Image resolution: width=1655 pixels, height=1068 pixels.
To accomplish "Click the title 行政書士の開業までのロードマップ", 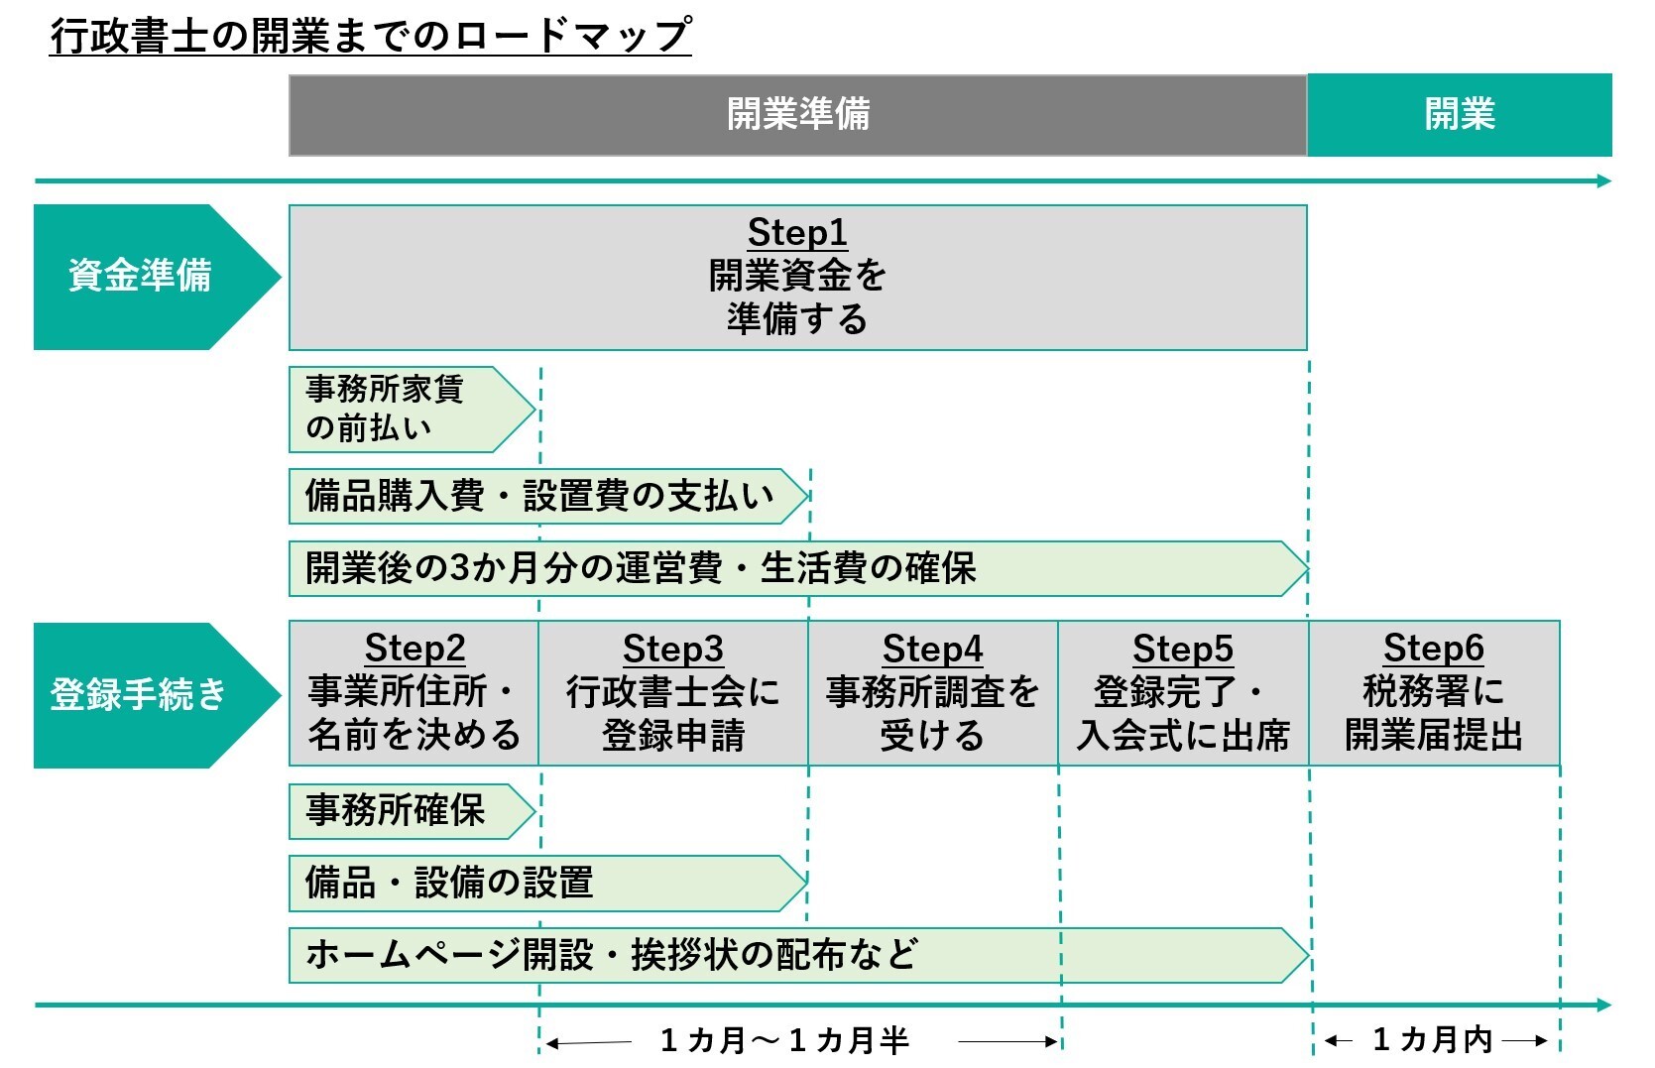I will click(x=370, y=36).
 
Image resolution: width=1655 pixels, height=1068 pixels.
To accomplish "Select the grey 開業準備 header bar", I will click(x=797, y=115).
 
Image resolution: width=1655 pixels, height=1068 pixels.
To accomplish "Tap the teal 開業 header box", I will click(x=1459, y=115).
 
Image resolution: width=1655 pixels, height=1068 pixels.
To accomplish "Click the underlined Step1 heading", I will click(x=797, y=233).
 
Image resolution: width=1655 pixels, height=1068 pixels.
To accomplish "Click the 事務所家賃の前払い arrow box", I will click(x=397, y=410).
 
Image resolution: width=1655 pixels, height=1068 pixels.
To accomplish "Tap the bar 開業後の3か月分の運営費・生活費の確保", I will click(x=694, y=568).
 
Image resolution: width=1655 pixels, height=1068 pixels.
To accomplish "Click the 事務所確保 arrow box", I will click(x=397, y=811).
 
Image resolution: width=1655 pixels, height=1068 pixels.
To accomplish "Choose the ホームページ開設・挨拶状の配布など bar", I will click(x=694, y=955).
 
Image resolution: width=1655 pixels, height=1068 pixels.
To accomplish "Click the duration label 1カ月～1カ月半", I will click(x=784, y=1041).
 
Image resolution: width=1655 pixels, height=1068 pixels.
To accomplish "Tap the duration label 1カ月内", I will click(x=1433, y=1040).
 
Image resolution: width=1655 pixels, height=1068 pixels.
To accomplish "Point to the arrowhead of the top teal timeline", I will click(x=1603, y=180).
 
